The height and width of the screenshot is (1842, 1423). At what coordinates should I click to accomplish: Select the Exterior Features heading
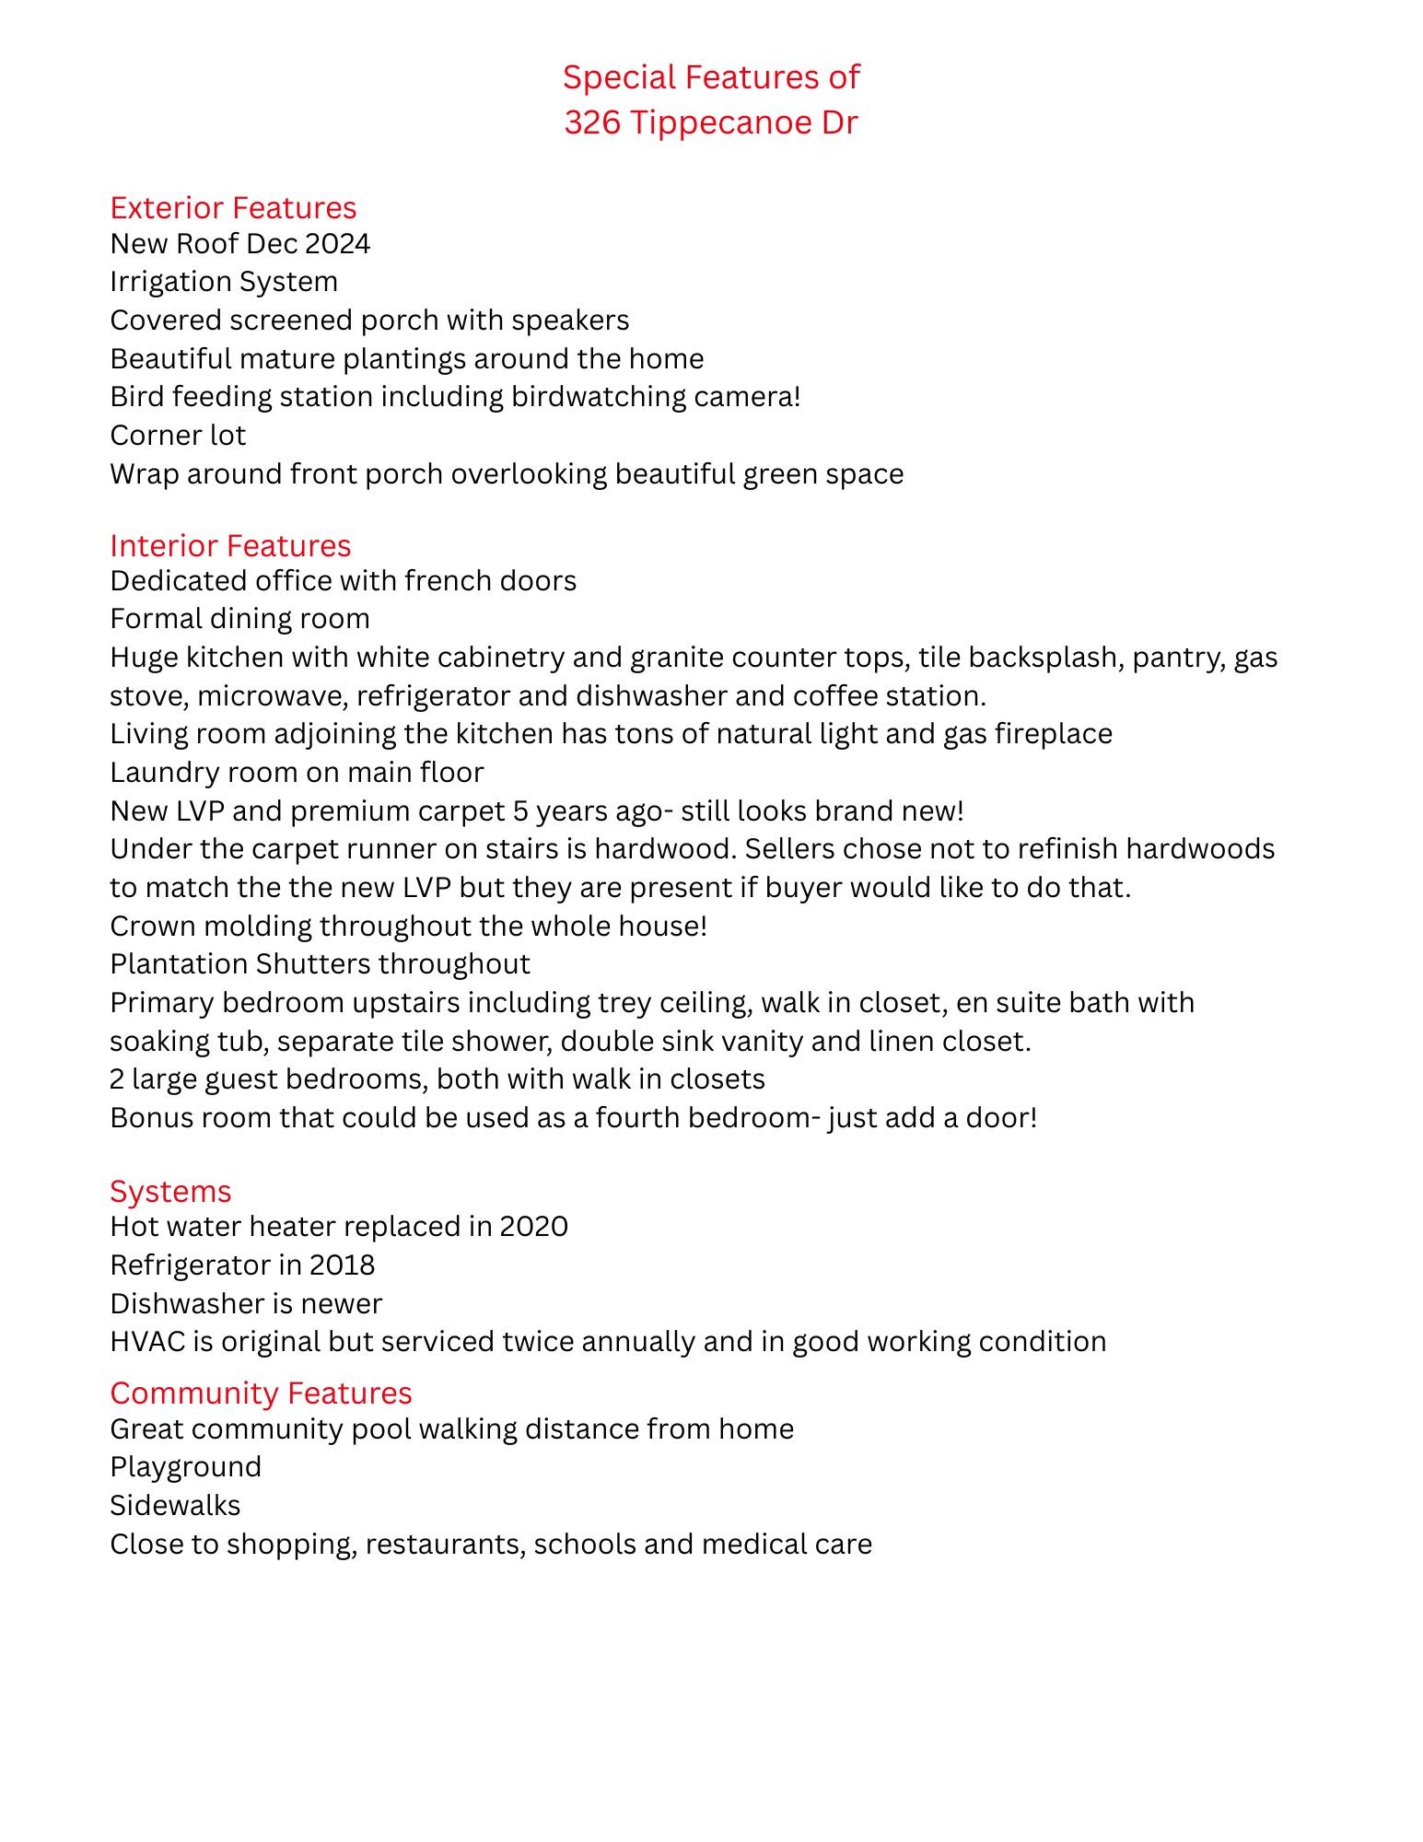pos(233,208)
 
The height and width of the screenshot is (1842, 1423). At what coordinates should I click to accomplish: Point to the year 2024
pos(337,244)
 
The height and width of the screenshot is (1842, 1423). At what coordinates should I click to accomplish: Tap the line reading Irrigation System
pos(224,282)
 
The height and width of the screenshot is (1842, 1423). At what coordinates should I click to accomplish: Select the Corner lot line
pos(178,436)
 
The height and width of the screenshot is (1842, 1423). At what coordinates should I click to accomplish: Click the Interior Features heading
pos(230,546)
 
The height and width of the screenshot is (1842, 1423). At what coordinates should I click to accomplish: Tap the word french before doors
pos(447,581)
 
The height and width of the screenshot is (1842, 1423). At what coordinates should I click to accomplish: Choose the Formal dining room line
pos(239,619)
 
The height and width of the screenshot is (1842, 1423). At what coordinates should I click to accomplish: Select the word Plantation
pos(179,964)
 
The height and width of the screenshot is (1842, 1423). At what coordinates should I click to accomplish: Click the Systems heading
pos(170,1192)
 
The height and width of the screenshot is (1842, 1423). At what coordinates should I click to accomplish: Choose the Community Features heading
pos(261,1393)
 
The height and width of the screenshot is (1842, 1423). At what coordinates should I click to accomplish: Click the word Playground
pos(185,1467)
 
